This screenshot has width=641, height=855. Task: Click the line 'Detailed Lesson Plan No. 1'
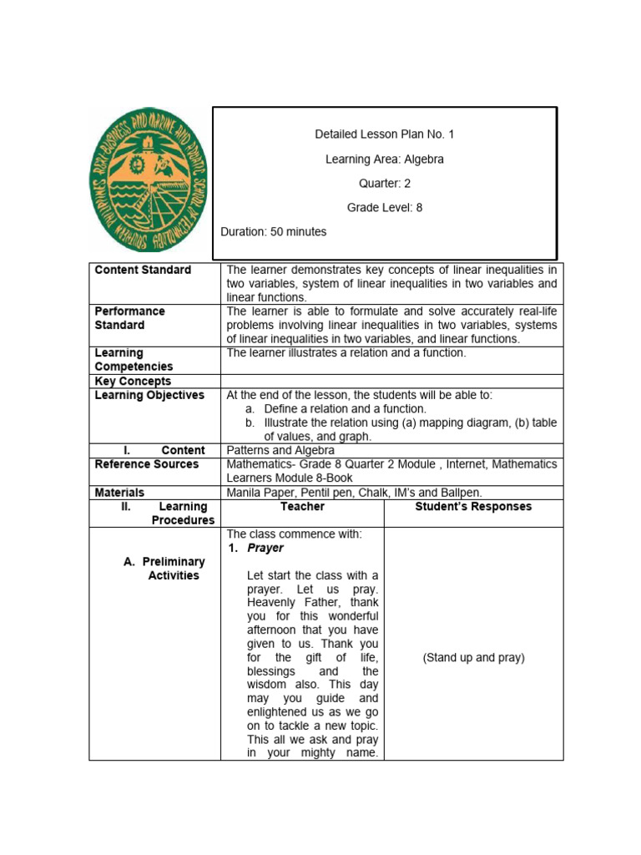tap(385, 134)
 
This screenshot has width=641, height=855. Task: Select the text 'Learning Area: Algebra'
tap(385, 159)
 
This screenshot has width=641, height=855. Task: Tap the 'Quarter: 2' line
tap(385, 184)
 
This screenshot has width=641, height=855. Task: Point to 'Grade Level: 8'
tap(385, 208)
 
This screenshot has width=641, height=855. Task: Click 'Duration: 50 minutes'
tap(274, 231)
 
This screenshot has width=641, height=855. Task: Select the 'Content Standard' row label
tap(143, 270)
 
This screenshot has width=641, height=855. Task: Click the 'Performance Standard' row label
tap(130, 318)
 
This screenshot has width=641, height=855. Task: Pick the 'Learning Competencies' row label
tap(134, 360)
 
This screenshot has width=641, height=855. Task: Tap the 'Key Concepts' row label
tap(133, 381)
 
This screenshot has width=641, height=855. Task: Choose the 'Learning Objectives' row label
tap(149, 395)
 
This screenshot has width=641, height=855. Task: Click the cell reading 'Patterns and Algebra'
tap(280, 450)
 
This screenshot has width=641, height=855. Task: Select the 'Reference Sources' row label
tap(147, 463)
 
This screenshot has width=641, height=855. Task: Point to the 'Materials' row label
tap(119, 493)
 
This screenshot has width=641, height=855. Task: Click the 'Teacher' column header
tap(303, 507)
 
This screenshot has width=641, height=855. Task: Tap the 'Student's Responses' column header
tap(473, 507)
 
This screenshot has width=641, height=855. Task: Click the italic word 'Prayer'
tap(265, 548)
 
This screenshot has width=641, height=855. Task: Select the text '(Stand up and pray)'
tap(473, 657)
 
